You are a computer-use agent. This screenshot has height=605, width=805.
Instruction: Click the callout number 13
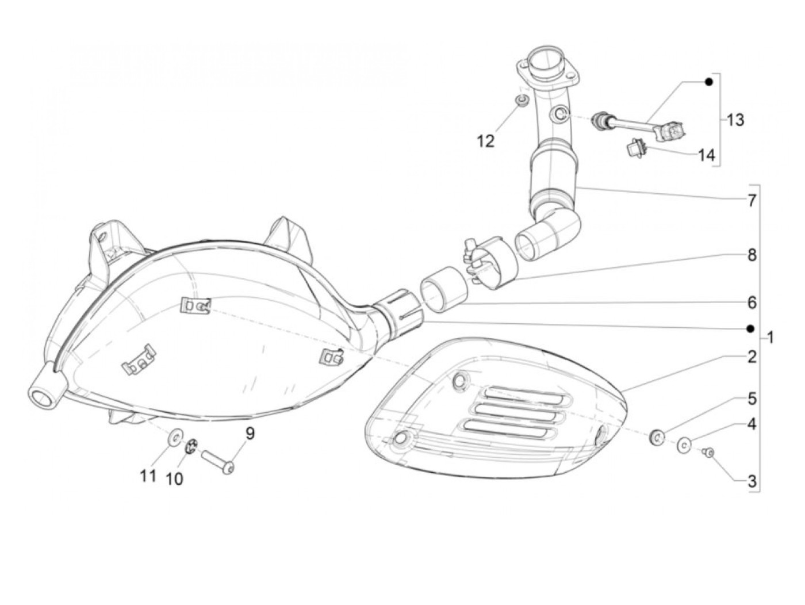pos(735,120)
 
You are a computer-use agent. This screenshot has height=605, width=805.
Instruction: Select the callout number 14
pos(706,155)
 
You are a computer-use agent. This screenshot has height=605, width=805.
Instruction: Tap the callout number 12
pos(486,141)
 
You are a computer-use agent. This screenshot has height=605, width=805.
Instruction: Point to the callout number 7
pos(752,201)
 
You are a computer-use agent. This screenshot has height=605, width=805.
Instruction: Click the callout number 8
pos(752,255)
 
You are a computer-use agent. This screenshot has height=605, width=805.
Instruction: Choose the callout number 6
pos(752,302)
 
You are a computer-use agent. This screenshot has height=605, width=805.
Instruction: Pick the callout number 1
pos(770,337)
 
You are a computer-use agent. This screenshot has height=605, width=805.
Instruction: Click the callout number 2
pos(752,357)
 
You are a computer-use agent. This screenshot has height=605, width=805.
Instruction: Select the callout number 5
pos(752,398)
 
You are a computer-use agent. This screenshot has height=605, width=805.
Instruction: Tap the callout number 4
pos(752,424)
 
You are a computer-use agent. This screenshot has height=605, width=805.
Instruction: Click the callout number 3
pos(752,481)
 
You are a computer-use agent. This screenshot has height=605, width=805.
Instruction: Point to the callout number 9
pos(250,434)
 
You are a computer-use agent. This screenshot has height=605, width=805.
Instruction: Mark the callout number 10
pos(174,478)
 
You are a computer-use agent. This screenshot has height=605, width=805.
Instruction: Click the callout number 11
pos(148,476)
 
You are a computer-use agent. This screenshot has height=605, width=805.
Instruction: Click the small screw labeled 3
pos(710,453)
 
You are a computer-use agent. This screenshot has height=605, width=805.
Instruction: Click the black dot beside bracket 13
pos(709,82)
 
